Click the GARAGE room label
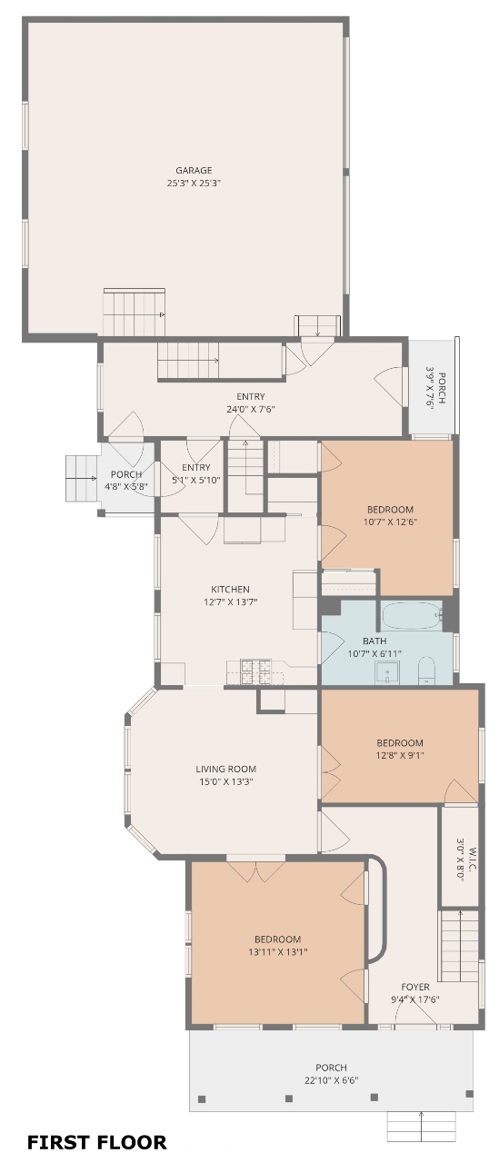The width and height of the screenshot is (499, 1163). click(x=194, y=170)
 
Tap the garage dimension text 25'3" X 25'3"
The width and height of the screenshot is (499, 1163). click(x=194, y=184)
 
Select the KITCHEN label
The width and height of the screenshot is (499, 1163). click(x=230, y=590)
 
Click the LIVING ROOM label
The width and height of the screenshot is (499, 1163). click(x=226, y=769)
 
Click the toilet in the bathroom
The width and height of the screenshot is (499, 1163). click(x=426, y=671)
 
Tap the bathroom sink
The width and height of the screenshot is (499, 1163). click(x=387, y=672)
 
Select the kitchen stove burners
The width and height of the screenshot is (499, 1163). click(x=255, y=671)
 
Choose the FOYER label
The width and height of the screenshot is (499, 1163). click(x=415, y=987)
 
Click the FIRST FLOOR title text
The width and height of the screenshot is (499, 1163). click(x=97, y=1142)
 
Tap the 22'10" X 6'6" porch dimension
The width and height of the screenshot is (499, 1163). click(x=331, y=1081)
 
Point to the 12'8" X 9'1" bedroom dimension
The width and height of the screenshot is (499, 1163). click(x=400, y=756)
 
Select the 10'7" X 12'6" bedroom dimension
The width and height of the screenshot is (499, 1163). click(x=391, y=522)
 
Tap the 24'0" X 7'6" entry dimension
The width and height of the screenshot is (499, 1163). click(x=250, y=409)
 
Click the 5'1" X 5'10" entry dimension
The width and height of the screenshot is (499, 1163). click(x=196, y=481)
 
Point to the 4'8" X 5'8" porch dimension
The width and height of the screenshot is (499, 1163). click(x=126, y=487)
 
